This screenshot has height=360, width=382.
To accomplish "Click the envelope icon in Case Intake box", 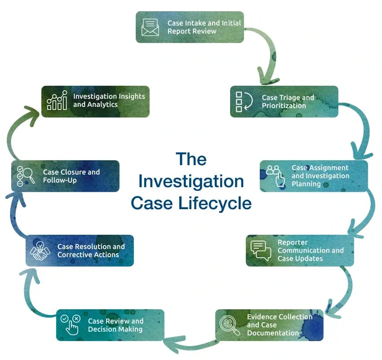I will pos(150,27).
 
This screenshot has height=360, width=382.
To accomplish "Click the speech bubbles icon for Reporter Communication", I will pos(261,250).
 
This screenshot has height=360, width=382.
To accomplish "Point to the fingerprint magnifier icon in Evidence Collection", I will pos(230,325).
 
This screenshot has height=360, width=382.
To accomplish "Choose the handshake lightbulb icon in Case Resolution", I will pos(40,250).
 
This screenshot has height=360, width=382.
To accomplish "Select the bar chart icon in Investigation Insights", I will pos(57,101).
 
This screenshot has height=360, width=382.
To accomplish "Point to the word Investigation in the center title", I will pos(191,181).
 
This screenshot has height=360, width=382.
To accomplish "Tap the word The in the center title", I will pos(191,159).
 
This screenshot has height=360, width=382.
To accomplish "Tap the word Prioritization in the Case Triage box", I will pos(284,106).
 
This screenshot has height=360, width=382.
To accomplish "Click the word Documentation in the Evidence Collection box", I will pos(273,333).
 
